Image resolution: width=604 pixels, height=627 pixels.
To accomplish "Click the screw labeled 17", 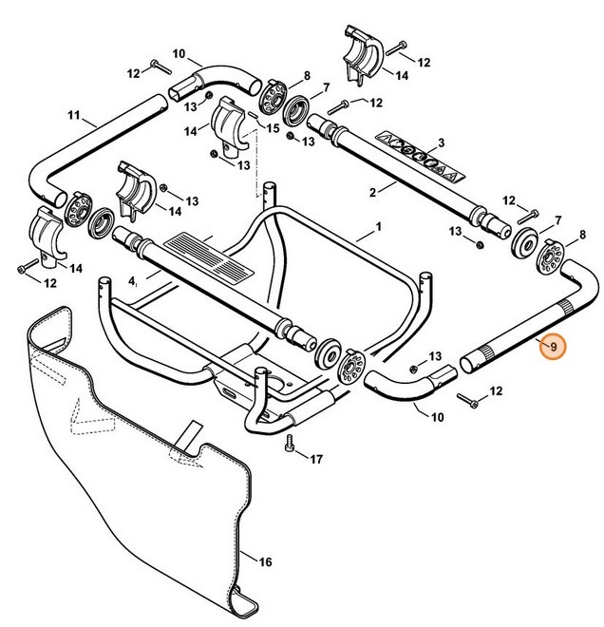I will point(290,443).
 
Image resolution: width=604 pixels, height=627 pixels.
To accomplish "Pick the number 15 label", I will point(272,127).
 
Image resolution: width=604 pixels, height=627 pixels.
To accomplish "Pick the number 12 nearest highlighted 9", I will point(496,391).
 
